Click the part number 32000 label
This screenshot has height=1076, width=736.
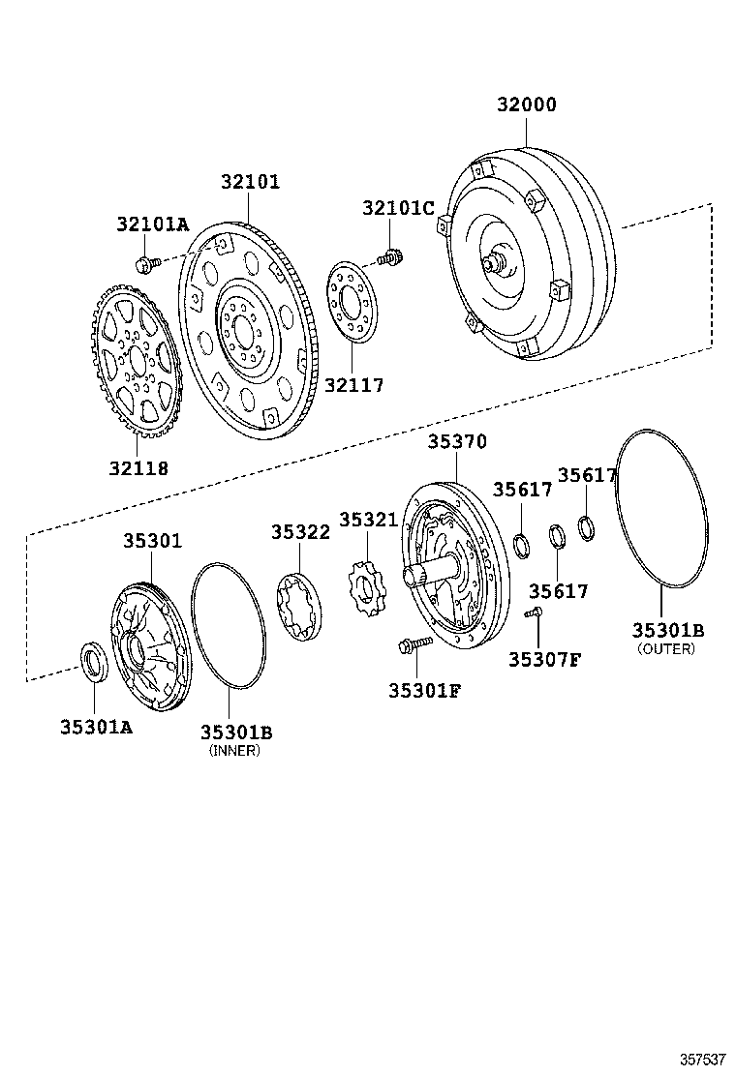pyautogui.click(x=527, y=105)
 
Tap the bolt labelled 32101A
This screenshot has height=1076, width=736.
pyautogui.click(x=145, y=262)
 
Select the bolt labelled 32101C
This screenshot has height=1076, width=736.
pyautogui.click(x=392, y=257)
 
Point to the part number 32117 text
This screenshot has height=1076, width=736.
pyautogui.click(x=354, y=385)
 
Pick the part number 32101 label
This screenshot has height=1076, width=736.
pyautogui.click(x=250, y=181)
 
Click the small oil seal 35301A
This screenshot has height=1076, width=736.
pyautogui.click(x=94, y=663)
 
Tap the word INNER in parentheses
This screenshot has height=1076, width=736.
pyautogui.click(x=235, y=750)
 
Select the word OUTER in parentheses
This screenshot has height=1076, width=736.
pyautogui.click(x=666, y=649)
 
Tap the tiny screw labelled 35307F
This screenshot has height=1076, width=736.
pyautogui.click(x=534, y=613)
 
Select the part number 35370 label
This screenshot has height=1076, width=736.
pyautogui.click(x=457, y=441)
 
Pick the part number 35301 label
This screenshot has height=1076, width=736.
pyautogui.click(x=152, y=541)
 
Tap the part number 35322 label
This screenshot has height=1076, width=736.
pyautogui.click(x=300, y=531)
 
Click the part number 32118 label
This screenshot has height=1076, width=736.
pyautogui.click(x=138, y=468)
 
